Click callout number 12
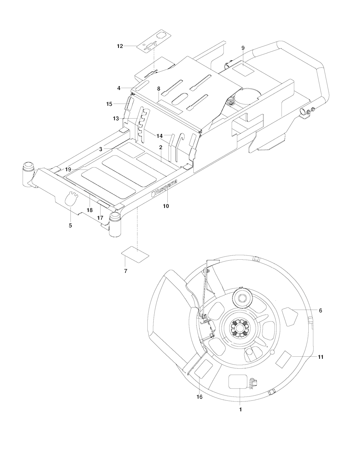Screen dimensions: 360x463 pyautogui.click(x=120, y=46)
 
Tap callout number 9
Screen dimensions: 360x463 pyautogui.click(x=243, y=48)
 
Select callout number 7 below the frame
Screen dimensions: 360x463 pyautogui.click(x=126, y=271)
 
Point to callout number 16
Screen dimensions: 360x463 pyautogui.click(x=200, y=397)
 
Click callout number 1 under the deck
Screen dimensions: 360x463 pyautogui.click(x=240, y=410)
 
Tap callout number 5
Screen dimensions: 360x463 pyautogui.click(x=70, y=226)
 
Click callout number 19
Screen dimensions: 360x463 pyautogui.click(x=68, y=170)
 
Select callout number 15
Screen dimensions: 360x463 pyautogui.click(x=109, y=104)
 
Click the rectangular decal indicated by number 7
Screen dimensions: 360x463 pyautogui.click(x=135, y=254)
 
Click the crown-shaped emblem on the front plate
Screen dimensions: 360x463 pyautogui.click(x=70, y=198)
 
